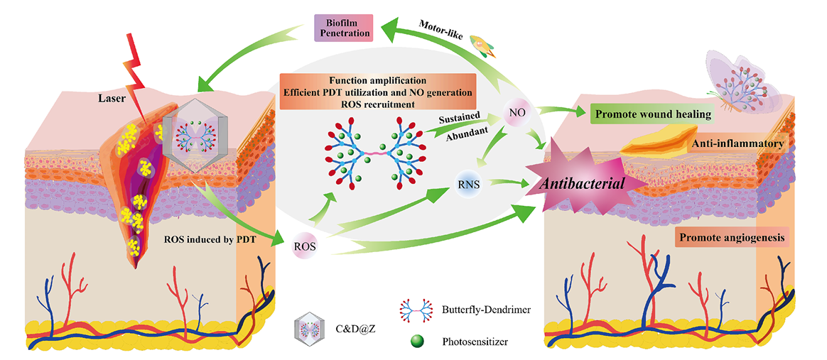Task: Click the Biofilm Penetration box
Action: tap(344, 26)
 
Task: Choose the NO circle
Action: tap(517, 112)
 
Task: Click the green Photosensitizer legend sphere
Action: tap(416, 340)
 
